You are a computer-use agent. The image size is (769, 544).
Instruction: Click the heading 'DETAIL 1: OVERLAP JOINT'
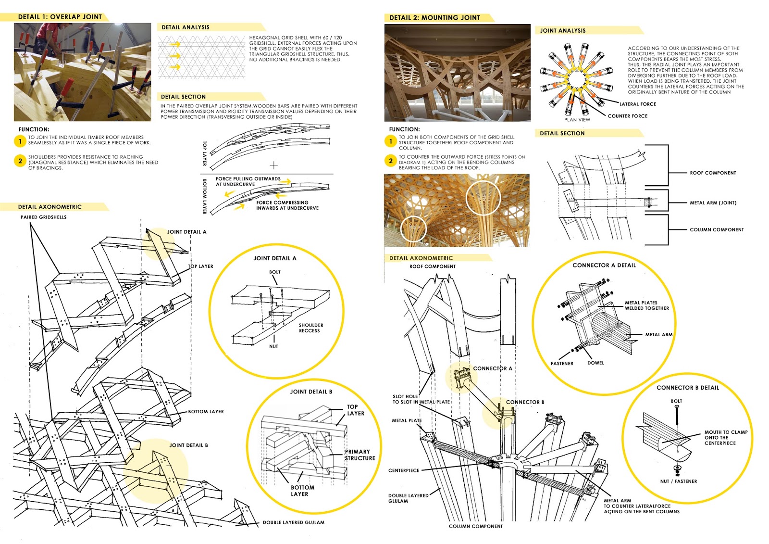60,17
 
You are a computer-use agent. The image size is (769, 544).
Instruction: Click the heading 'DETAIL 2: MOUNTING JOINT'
434,18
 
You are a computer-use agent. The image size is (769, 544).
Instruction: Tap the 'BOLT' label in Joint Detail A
274,272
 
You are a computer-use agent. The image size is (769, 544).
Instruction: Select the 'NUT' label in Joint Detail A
273,346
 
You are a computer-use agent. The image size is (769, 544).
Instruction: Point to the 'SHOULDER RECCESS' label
310,328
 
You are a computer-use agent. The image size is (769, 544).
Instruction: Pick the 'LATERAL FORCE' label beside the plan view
637,104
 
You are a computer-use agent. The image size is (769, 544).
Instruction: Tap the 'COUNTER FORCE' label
627,116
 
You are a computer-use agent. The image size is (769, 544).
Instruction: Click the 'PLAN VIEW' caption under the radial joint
577,120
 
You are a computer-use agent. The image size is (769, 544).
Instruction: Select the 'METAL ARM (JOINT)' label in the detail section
713,203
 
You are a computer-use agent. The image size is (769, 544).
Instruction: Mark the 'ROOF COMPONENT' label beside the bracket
713,173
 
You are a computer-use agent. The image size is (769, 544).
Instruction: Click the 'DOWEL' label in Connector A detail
595,363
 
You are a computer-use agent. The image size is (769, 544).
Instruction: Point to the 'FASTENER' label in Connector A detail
562,364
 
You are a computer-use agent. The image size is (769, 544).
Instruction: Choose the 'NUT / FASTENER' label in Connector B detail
678,481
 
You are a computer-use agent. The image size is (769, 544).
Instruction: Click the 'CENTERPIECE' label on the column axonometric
404,470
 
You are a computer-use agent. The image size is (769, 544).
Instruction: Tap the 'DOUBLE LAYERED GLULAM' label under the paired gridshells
293,522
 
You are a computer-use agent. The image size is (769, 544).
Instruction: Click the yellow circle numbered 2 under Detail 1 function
20,161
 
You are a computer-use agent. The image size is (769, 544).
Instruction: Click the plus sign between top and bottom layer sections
273,165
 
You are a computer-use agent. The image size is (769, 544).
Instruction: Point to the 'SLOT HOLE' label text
405,397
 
